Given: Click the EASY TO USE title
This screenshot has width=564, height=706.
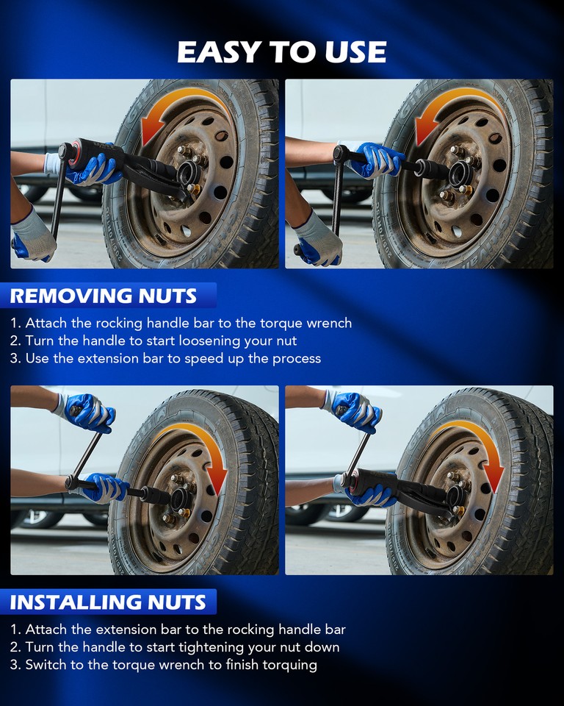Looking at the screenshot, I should pyautogui.click(x=282, y=51).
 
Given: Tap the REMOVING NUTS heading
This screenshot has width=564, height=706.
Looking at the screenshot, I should pyautogui.click(x=104, y=296).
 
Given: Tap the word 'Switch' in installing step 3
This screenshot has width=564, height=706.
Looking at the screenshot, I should pyautogui.click(x=46, y=665).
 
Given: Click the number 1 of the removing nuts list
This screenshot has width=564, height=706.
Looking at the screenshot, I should pyautogui.click(x=15, y=324).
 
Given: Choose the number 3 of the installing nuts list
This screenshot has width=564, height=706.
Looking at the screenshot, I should pyautogui.click(x=15, y=665).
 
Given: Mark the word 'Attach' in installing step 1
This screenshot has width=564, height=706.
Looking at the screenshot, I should pyautogui.click(x=47, y=630).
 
